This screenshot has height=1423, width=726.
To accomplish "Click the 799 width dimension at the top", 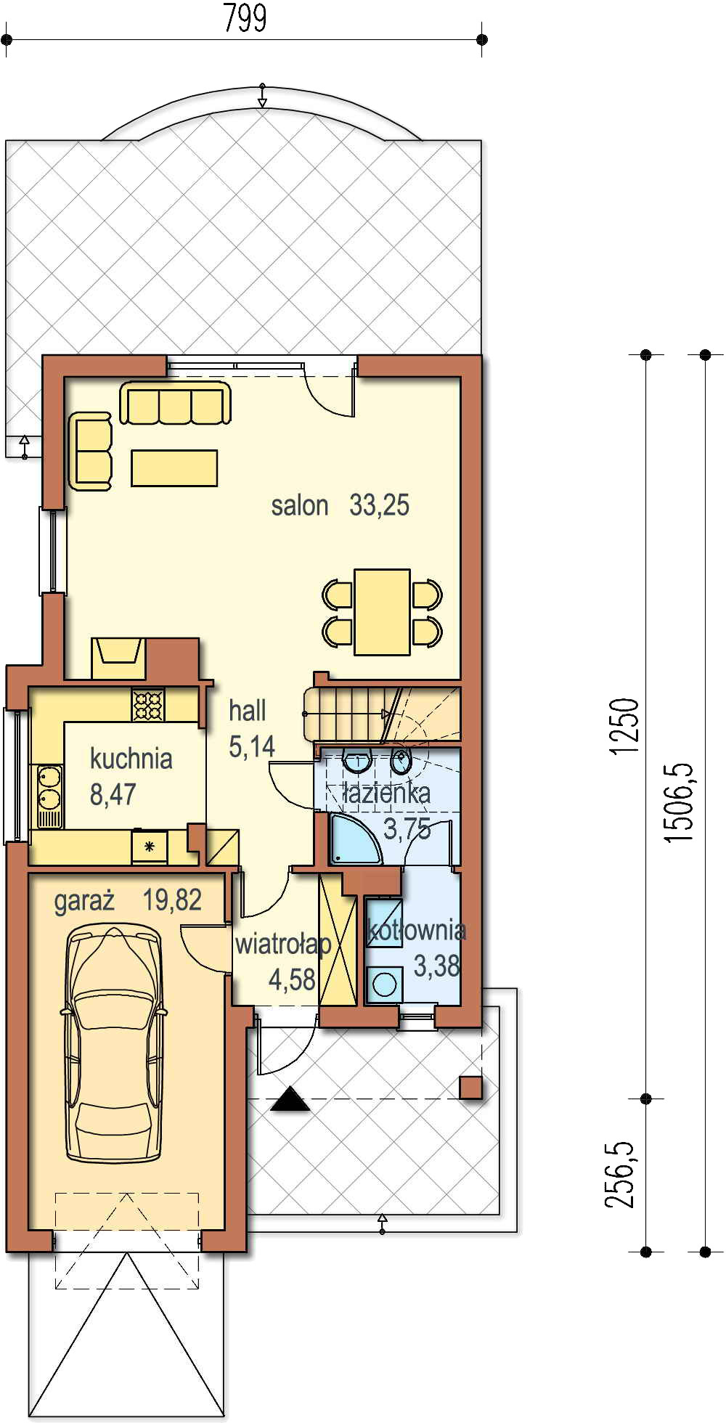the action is click(x=245, y=18).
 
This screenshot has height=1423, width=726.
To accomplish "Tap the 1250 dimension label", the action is click(x=624, y=726).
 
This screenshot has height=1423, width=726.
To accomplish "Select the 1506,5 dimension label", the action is click(x=680, y=802).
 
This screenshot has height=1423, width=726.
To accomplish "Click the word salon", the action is click(x=300, y=505).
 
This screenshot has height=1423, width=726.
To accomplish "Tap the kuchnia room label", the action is click(x=131, y=759).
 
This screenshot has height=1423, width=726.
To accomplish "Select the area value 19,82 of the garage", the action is click(x=172, y=900).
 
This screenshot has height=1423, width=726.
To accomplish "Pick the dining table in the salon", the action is click(x=382, y=612).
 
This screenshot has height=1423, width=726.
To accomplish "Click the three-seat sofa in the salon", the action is click(x=175, y=403).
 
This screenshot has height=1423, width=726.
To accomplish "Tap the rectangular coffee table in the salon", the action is click(x=174, y=468).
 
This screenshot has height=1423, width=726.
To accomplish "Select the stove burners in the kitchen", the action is click(x=148, y=705).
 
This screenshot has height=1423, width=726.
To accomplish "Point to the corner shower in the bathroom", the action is click(x=355, y=839).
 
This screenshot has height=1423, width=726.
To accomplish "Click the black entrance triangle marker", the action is click(x=290, y=1100).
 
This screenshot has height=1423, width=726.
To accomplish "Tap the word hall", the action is click(x=248, y=711).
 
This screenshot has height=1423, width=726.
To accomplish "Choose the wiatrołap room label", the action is click(x=283, y=945).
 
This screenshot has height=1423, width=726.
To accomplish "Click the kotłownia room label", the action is click(x=417, y=930).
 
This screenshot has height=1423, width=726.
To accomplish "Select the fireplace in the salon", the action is click(x=119, y=658).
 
